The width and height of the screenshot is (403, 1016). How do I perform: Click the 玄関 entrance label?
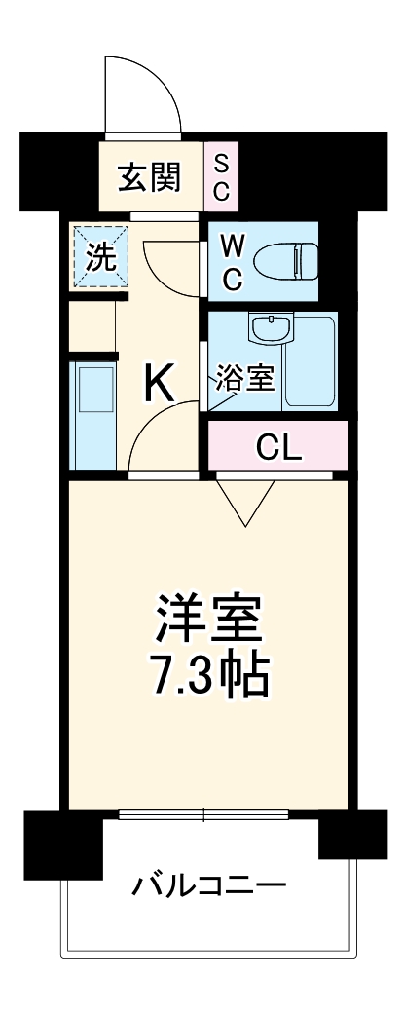point(149,177)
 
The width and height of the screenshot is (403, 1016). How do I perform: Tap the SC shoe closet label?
point(221,177)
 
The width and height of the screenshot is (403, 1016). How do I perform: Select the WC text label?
point(232,261)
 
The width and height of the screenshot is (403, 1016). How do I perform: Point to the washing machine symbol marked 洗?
point(99,256)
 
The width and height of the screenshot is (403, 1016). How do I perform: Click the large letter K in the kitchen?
point(160,384)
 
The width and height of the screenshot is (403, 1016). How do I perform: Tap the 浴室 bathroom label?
point(244,378)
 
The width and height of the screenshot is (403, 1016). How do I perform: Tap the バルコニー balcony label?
point(209,885)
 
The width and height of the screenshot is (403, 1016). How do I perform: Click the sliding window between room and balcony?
point(203,815)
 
